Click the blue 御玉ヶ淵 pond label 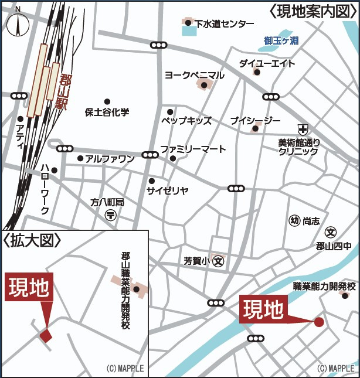pos(281,41)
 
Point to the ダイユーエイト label pos(267,64)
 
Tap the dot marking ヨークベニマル pos(204,86)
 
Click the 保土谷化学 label pos(107,111)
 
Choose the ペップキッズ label pos(186,121)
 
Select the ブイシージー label pos(256,121)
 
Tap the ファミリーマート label pos(193,149)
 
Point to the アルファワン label pos(110,158)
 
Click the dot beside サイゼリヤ pos(151,181)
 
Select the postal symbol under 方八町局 pos(110,215)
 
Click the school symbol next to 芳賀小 pos(218,260)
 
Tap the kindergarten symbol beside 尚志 pos(294,221)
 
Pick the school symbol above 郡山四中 pos(331,233)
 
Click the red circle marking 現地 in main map pos(319,322)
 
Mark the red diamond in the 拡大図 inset pos(46,335)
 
